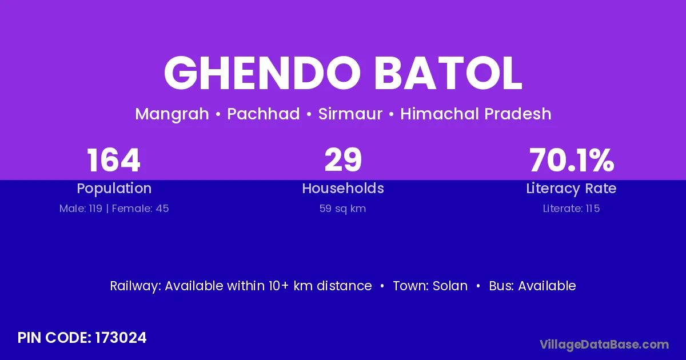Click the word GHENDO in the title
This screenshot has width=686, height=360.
tap(262, 73)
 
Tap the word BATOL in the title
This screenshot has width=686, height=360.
tap(448, 73)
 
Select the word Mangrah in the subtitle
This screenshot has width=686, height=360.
tap(172, 114)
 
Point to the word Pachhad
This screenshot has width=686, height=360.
tap(264, 114)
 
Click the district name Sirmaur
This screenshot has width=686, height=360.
tap(350, 114)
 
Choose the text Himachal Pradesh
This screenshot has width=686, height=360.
tap(476, 114)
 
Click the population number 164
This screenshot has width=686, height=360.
tap(114, 160)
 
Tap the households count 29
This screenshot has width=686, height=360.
tap(343, 160)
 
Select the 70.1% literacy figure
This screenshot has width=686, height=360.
tap(572, 160)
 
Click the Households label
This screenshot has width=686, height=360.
tap(343, 188)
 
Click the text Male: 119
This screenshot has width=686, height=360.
tap(81, 209)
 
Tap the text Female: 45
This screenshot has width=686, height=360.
tap(140, 209)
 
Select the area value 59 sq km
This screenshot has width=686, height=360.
tap(342, 209)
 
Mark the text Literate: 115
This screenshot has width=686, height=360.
tap(571, 209)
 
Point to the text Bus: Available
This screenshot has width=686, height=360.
tap(532, 286)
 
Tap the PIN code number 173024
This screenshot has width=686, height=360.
tap(121, 338)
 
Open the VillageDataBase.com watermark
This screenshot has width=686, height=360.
tap(604, 345)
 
